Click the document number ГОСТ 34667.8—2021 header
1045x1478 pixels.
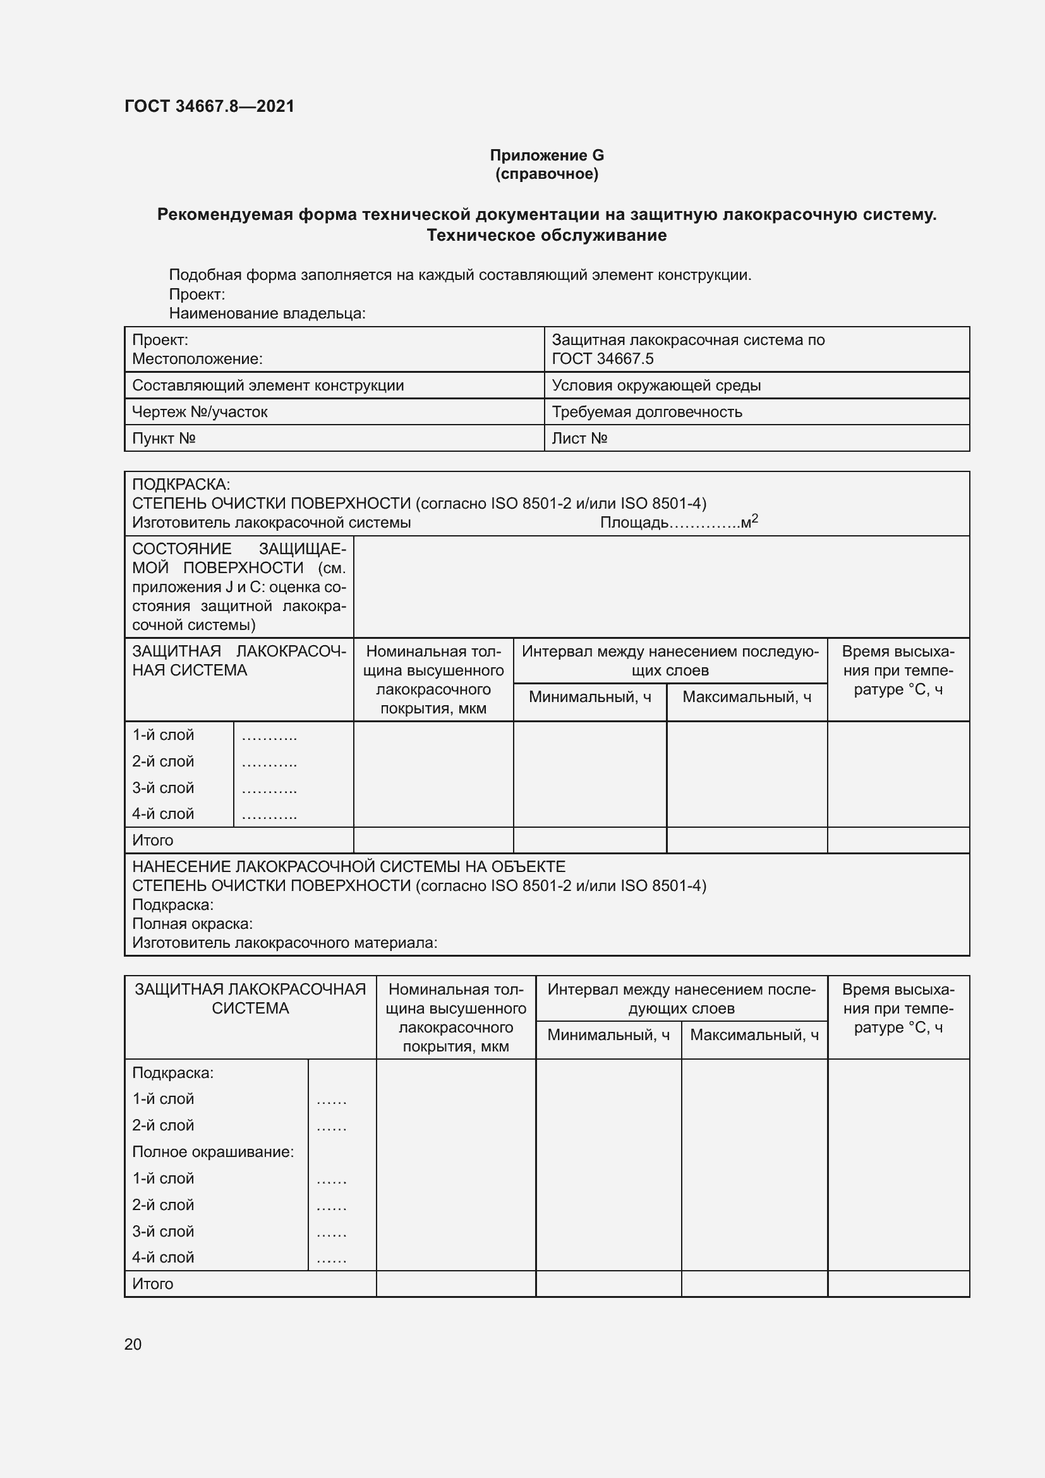(209, 106)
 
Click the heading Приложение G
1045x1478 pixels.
(547, 155)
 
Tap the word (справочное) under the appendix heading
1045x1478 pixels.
(547, 174)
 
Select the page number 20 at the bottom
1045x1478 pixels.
(133, 1344)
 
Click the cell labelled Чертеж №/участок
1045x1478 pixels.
(200, 412)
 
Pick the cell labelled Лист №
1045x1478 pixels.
(579, 439)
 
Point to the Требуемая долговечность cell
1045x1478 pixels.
(647, 412)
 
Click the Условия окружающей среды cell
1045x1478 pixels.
(656, 385)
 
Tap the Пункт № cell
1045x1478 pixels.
(164, 439)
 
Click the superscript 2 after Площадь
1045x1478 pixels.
(755, 518)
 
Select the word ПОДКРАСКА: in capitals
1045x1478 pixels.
(181, 484)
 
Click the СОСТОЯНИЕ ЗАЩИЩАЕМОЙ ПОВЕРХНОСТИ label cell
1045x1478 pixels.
(239, 586)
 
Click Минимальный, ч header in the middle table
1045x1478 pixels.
(589, 696)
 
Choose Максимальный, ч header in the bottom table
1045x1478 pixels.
(754, 1035)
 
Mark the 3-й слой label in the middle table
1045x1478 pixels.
(163, 788)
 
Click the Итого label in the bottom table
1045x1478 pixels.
(152, 1284)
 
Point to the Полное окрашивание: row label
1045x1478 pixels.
(213, 1152)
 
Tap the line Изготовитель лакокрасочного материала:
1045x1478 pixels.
(284, 943)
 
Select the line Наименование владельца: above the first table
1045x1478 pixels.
(267, 313)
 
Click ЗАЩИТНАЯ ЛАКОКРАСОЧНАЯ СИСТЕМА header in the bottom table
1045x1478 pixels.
(250, 998)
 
